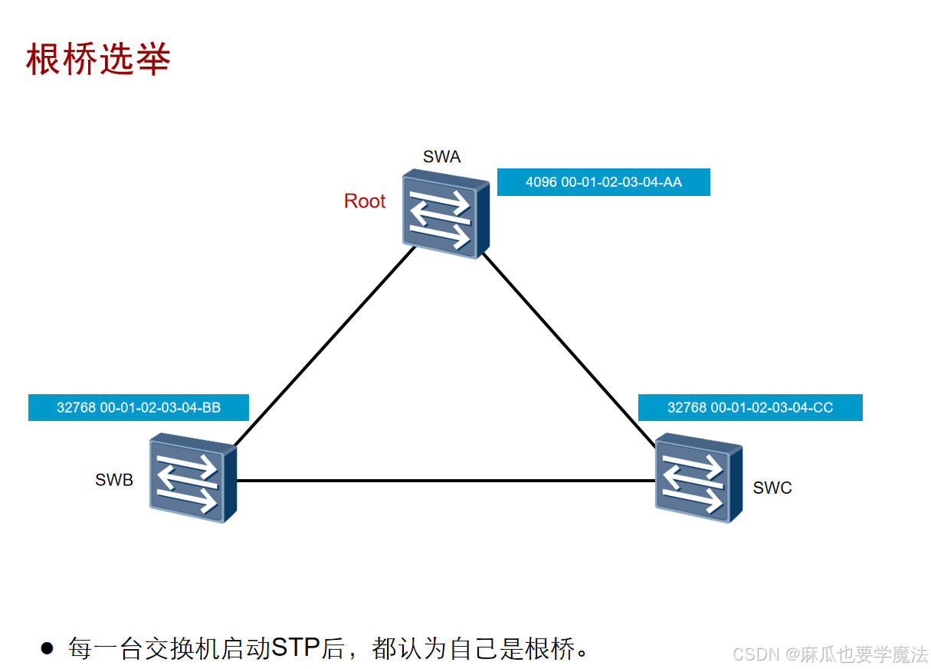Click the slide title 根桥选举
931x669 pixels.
click(x=97, y=59)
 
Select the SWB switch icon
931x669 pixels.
click(x=192, y=478)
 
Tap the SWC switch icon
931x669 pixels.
click(x=698, y=478)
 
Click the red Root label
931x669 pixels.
click(x=365, y=201)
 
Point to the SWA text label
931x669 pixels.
click(x=442, y=157)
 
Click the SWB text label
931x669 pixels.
click(x=114, y=480)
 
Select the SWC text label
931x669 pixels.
click(x=772, y=488)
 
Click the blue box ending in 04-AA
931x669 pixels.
click(x=603, y=182)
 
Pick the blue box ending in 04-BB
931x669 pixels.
click(x=139, y=408)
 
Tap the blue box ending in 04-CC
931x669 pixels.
click(x=749, y=408)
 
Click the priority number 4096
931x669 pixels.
click(x=541, y=182)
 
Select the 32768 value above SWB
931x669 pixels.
click(x=76, y=408)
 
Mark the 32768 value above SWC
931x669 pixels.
click(x=687, y=408)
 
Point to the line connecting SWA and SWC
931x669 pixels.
click(x=569, y=348)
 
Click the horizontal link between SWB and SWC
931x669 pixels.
click(x=444, y=481)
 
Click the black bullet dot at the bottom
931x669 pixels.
click(x=48, y=648)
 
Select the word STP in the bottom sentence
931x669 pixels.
click(x=296, y=648)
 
